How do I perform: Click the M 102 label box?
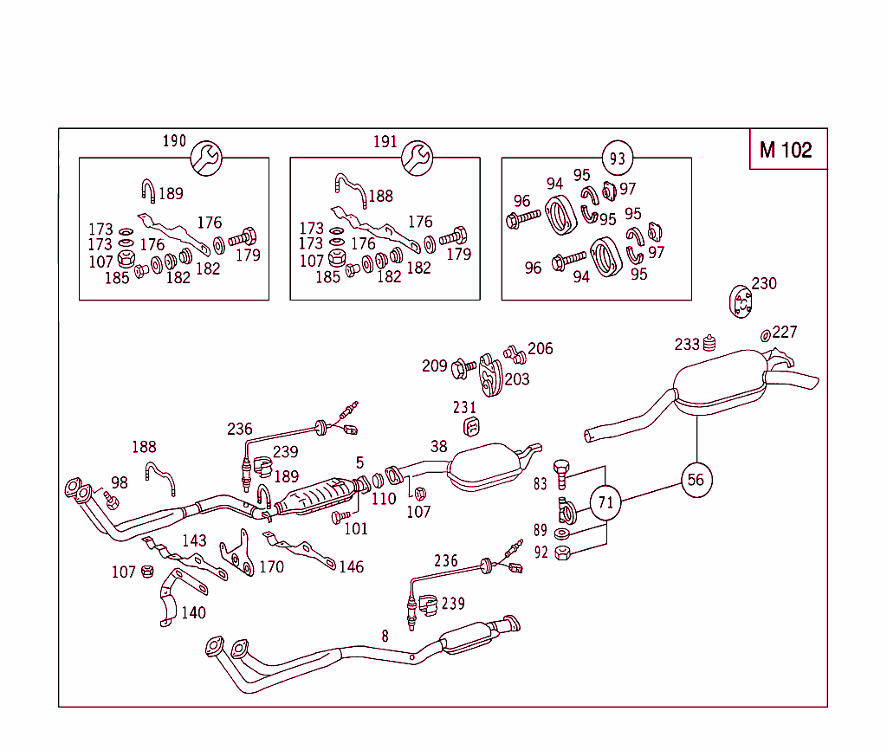pos(787,150)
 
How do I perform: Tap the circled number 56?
pos(696,479)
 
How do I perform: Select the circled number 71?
pos(606,501)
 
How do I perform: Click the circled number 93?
pos(617,158)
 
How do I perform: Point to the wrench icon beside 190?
pos(206,157)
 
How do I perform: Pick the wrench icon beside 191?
pos(417,157)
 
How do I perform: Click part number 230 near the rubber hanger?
pos(764,283)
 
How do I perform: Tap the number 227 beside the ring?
pos(785,332)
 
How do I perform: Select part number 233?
pos(687,345)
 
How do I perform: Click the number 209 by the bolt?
pos(434,365)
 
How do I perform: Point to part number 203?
pos(517,379)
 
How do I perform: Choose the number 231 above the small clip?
pos(464,407)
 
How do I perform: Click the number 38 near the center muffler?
pos(439,447)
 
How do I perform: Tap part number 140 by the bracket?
pos(193,612)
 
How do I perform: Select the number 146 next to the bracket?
pos(351,567)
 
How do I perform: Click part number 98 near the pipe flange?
pos(119,482)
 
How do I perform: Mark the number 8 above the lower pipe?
pos(385,635)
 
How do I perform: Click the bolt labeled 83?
pos(560,473)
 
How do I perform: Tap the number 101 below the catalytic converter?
pos(355,528)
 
